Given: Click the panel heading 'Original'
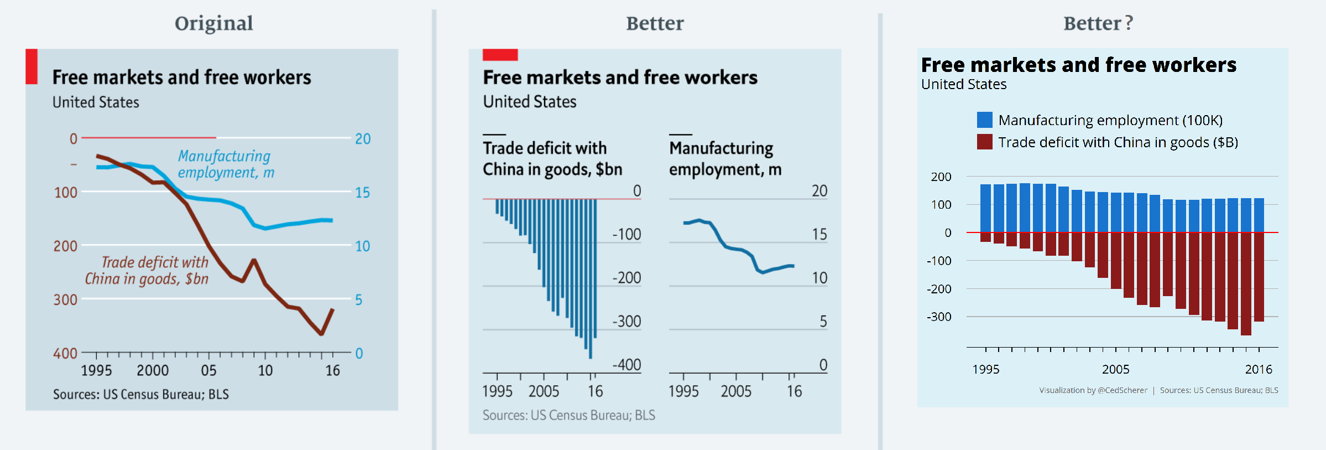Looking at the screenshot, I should tap(213, 23).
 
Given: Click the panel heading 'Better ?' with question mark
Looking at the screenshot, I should tap(1098, 23).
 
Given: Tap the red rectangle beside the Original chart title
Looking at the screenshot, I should tap(32, 66).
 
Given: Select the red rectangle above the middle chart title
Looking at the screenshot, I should tap(500, 54).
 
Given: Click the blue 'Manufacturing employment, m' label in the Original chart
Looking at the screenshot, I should tap(225, 164).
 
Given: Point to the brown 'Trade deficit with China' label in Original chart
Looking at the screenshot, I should tap(148, 270).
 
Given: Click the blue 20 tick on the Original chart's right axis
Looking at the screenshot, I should tap(363, 138).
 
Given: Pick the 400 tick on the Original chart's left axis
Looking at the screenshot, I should tap(65, 353).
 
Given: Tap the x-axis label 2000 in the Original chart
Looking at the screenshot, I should tap(153, 370).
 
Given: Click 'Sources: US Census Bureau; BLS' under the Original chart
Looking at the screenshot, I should tap(141, 394).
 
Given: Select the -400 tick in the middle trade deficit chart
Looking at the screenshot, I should tap(627, 365).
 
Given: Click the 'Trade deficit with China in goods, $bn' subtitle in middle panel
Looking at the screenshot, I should tap(552, 158).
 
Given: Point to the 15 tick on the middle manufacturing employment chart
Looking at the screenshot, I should tap(819, 234).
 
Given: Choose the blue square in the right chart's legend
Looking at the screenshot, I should tap(985, 120).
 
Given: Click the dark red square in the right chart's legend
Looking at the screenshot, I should tap(985, 142).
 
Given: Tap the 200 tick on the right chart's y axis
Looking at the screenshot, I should tap(941, 177).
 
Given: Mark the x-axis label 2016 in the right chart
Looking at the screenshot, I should tap(1259, 369).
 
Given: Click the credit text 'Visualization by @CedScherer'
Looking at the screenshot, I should tap(1093, 390).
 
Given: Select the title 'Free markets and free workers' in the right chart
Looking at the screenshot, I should tap(1079, 65).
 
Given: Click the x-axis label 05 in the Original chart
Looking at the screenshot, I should tap(208, 370).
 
